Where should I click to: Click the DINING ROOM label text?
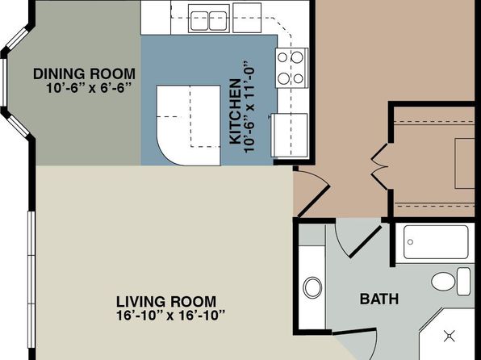(x=85, y=74)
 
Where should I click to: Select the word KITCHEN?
(x=236, y=111)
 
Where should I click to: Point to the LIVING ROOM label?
(x=166, y=301)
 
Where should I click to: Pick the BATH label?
(x=379, y=299)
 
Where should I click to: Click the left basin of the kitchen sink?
(x=199, y=21)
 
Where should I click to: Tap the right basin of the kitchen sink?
(x=218, y=21)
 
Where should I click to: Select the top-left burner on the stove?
(x=282, y=57)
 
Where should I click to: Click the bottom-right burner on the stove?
(x=298, y=78)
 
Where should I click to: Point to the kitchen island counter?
(x=188, y=125)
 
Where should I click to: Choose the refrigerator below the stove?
(x=289, y=136)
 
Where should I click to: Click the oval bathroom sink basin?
(x=312, y=287)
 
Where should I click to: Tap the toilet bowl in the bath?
(x=444, y=281)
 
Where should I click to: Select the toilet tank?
(x=463, y=281)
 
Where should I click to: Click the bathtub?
(x=436, y=242)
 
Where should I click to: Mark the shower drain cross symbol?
(x=450, y=336)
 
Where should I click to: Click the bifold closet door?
(x=380, y=166)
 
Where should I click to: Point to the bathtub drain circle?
(x=411, y=242)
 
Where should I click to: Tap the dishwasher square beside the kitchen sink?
(x=247, y=18)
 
